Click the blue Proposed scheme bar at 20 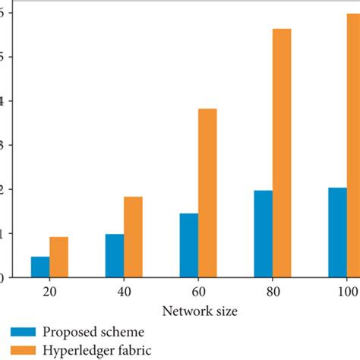point(40,267)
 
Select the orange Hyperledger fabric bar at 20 point(59,257)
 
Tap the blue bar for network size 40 point(115,255)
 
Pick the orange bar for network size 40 point(133,236)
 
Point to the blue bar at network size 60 point(189,245)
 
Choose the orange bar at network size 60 point(207,193)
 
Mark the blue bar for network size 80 point(264,233)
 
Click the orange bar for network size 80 point(282,153)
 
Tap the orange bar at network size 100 point(354,145)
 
